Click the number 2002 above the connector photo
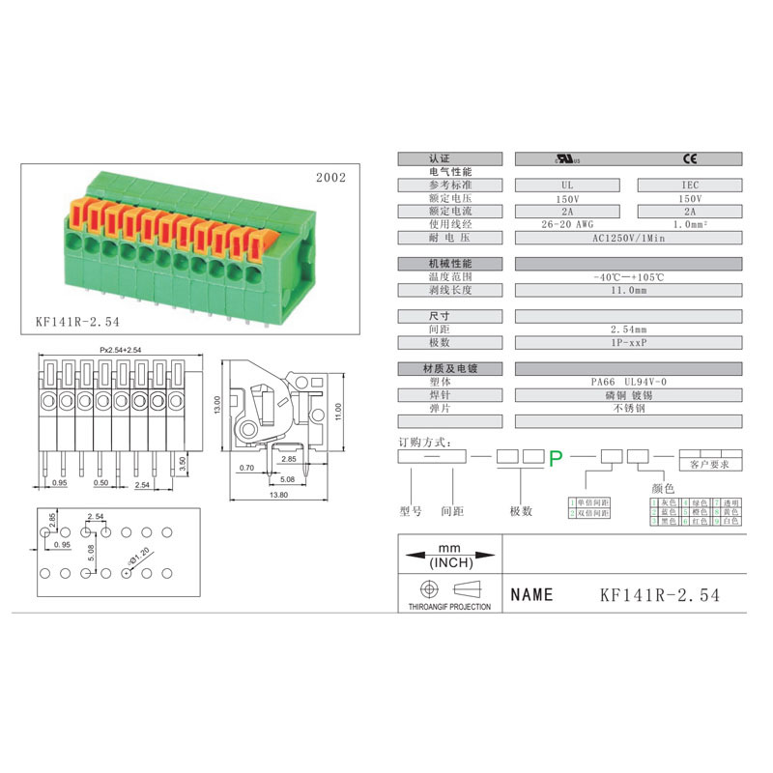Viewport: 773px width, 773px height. pyautogui.click(x=330, y=178)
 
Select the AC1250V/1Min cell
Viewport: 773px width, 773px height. pyautogui.click(x=628, y=237)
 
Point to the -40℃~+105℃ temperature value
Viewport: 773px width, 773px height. pyautogui.click(x=628, y=276)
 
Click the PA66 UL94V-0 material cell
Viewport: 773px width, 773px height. pyautogui.click(x=628, y=382)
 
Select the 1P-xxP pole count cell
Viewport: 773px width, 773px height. pyautogui.click(x=628, y=342)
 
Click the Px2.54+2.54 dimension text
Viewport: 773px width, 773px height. pyautogui.click(x=121, y=349)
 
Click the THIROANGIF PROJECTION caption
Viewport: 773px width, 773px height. pyautogui.click(x=444, y=607)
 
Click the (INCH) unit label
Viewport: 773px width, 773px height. pyautogui.click(x=450, y=563)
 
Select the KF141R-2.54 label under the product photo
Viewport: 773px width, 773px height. pyautogui.click(x=77, y=320)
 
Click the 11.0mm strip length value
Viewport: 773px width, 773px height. pyautogui.click(x=628, y=290)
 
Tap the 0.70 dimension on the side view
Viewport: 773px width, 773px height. pyautogui.click(x=246, y=467)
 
